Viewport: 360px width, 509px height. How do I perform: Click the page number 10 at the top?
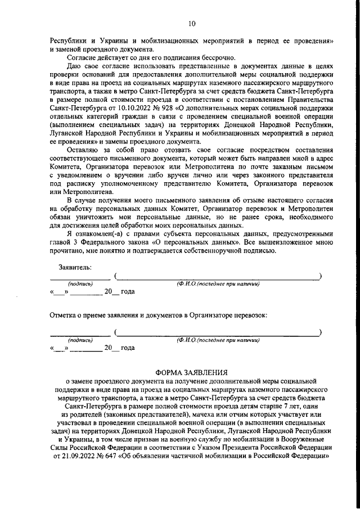click(191, 24)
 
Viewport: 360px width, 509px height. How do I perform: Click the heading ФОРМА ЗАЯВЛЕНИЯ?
click(191, 372)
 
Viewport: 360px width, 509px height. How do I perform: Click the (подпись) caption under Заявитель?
click(80, 284)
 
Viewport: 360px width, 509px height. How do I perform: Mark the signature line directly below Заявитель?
click(80, 278)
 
